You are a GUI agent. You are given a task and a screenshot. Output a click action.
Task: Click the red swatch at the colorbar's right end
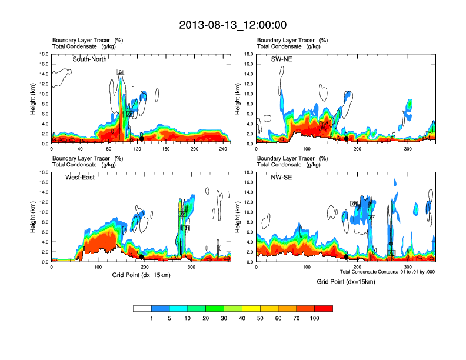tap(324, 308)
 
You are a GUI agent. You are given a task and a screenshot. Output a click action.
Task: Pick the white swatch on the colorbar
tap(142, 308)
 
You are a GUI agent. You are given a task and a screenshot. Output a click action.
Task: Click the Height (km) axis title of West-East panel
tap(33, 217)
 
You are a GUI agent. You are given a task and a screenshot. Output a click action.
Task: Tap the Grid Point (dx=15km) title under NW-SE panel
tap(346, 282)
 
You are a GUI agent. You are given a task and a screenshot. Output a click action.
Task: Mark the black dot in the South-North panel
tap(142, 139)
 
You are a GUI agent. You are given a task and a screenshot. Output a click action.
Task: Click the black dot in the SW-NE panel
tap(346, 139)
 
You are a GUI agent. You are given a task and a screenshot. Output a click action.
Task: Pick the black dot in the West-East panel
tap(141, 257)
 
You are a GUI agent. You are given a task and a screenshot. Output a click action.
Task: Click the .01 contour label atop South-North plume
tap(121, 72)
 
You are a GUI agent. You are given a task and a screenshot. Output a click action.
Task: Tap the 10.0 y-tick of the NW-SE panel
tap(248, 212)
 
